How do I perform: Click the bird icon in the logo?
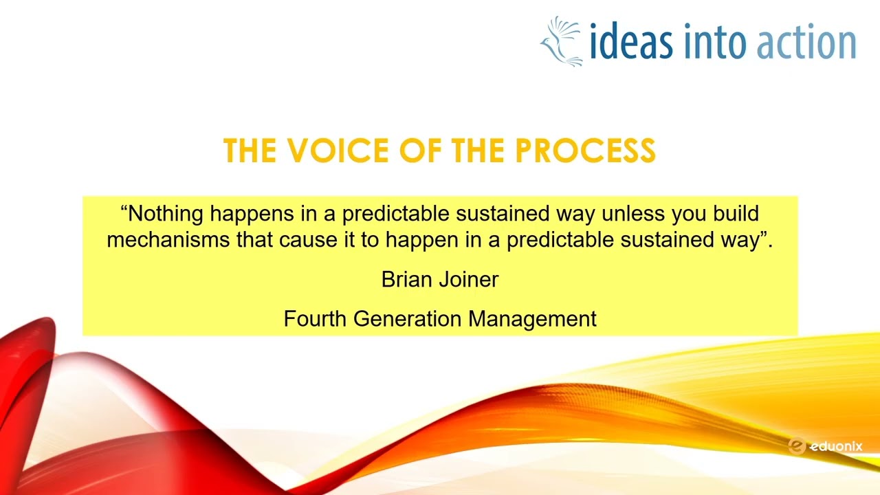560,42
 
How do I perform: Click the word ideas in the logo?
631,41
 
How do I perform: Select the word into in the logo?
715,41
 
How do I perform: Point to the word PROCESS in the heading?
585,150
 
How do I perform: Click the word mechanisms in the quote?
168,240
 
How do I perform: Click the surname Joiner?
469,280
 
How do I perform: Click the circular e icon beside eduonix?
797,446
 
